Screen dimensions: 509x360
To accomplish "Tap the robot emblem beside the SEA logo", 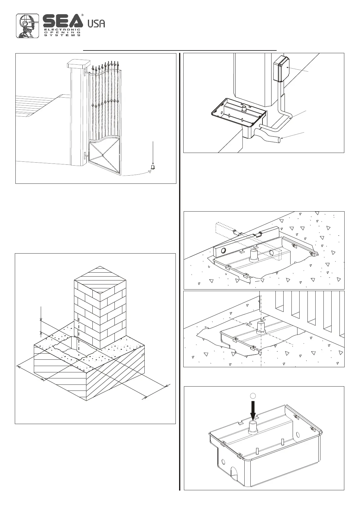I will [x=28, y=26].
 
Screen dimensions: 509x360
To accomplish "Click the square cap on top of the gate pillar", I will [x=79, y=63].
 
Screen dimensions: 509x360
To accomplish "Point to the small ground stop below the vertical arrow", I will [x=153, y=167].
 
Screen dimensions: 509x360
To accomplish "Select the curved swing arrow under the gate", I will [x=136, y=174].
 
